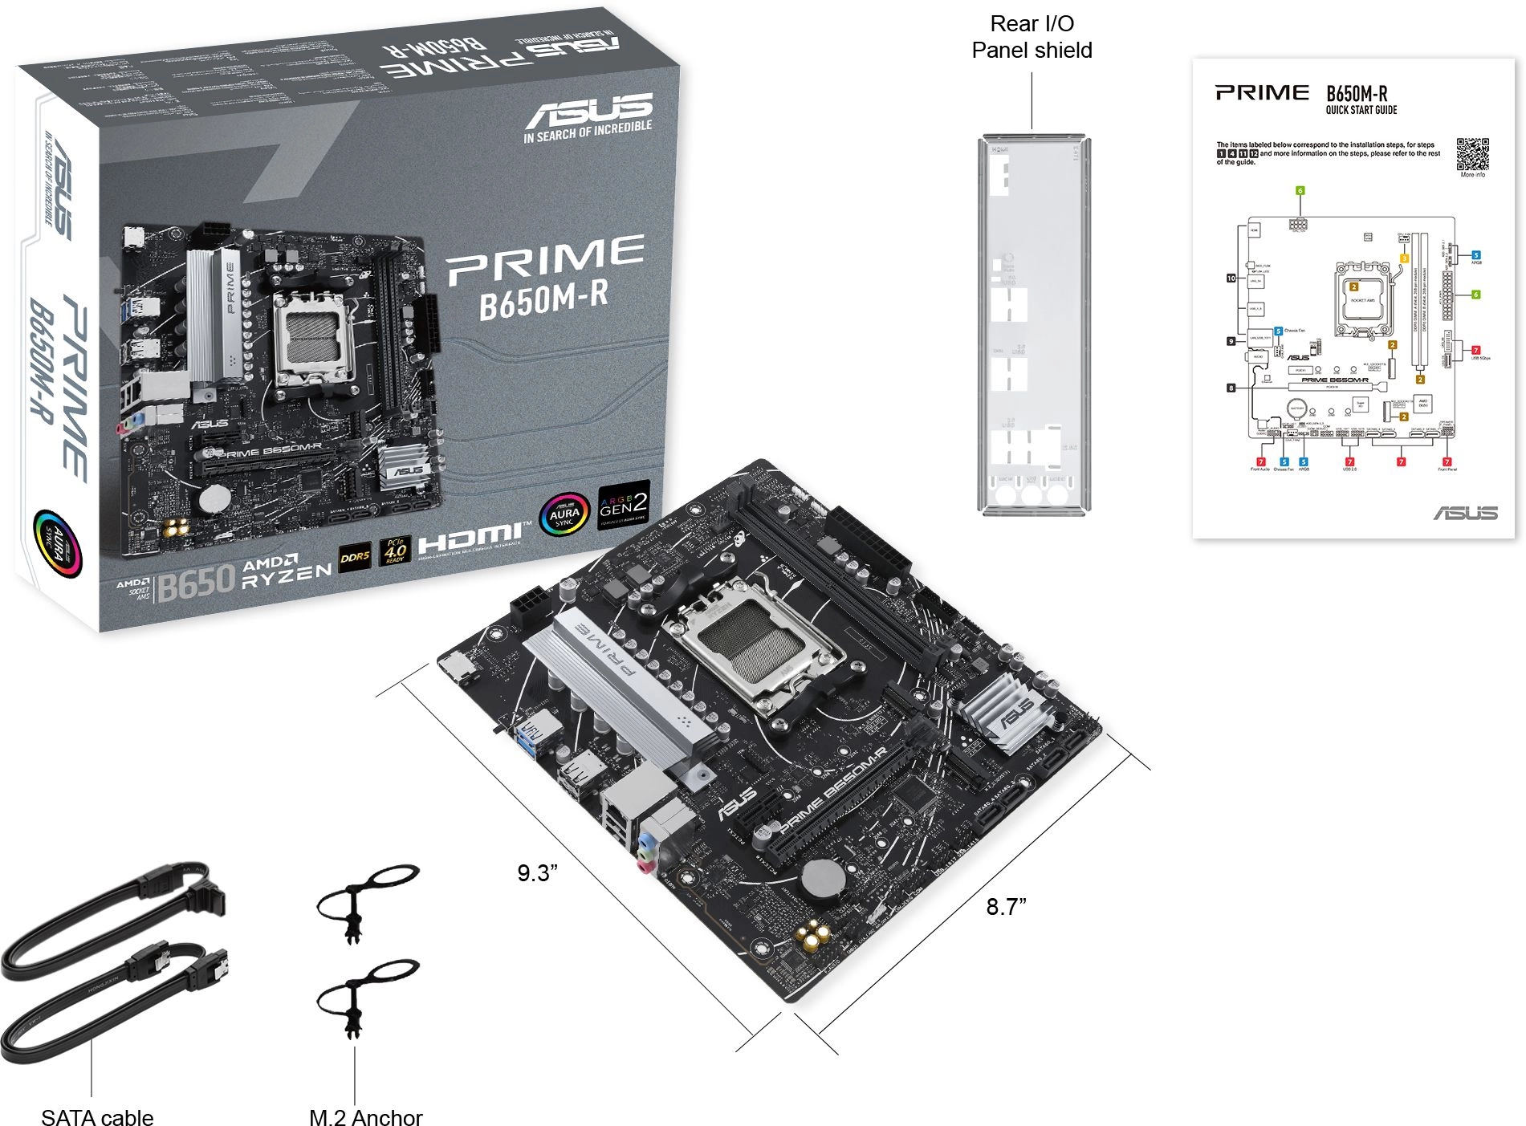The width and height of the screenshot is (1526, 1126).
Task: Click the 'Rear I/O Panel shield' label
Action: (x=1032, y=37)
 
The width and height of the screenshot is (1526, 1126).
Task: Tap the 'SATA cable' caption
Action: (x=97, y=1116)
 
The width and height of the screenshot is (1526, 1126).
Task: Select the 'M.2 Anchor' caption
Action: (x=365, y=1116)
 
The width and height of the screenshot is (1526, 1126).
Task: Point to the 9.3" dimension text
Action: (x=537, y=872)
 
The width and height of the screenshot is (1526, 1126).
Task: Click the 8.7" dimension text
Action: (x=1006, y=906)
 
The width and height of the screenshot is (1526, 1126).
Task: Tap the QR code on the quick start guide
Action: (x=1472, y=154)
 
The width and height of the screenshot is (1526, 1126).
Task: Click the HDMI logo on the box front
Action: (x=474, y=539)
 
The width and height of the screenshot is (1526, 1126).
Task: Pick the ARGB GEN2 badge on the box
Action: (x=623, y=505)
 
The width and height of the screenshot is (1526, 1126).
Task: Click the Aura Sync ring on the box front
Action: (x=564, y=514)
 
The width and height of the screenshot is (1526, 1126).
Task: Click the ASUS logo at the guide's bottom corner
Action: (x=1465, y=513)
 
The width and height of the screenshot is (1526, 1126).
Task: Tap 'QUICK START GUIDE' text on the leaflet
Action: (x=1361, y=110)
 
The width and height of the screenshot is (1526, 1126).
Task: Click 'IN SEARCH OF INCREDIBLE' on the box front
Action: (x=588, y=132)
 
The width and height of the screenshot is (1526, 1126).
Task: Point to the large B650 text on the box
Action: (x=196, y=582)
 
